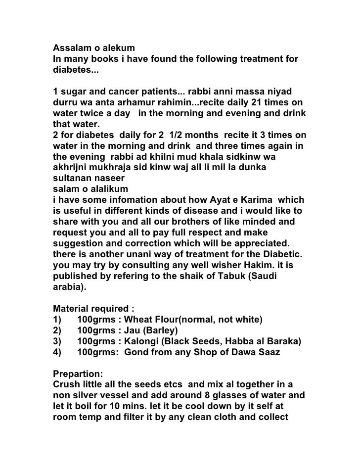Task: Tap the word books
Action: pos(102,59)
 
